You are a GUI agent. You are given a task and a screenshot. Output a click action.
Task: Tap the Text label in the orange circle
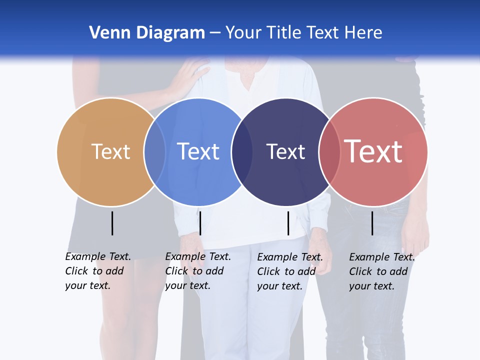111,151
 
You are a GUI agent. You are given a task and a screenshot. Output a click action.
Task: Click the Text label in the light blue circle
198,151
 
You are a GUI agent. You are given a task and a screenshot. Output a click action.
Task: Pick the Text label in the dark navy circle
285,151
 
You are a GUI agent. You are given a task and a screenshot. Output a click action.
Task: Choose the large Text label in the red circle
373,151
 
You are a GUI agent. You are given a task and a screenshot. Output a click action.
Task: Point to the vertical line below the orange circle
112,223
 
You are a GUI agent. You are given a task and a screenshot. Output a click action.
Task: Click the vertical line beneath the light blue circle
200,223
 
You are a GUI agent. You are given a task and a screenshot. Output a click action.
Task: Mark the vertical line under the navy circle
288,223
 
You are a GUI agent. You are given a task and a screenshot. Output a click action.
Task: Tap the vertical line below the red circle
372,223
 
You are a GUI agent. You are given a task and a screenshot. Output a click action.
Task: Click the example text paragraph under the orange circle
98,271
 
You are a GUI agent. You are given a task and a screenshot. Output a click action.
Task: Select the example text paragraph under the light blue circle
198,271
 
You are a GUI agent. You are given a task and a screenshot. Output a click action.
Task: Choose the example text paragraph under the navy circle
290,271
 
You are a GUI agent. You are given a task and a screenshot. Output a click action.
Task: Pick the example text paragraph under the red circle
382,271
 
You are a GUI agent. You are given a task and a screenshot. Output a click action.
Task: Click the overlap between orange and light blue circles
154,151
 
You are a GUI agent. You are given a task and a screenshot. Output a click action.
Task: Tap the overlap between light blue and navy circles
242,151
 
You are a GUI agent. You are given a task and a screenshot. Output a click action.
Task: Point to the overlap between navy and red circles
328,151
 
